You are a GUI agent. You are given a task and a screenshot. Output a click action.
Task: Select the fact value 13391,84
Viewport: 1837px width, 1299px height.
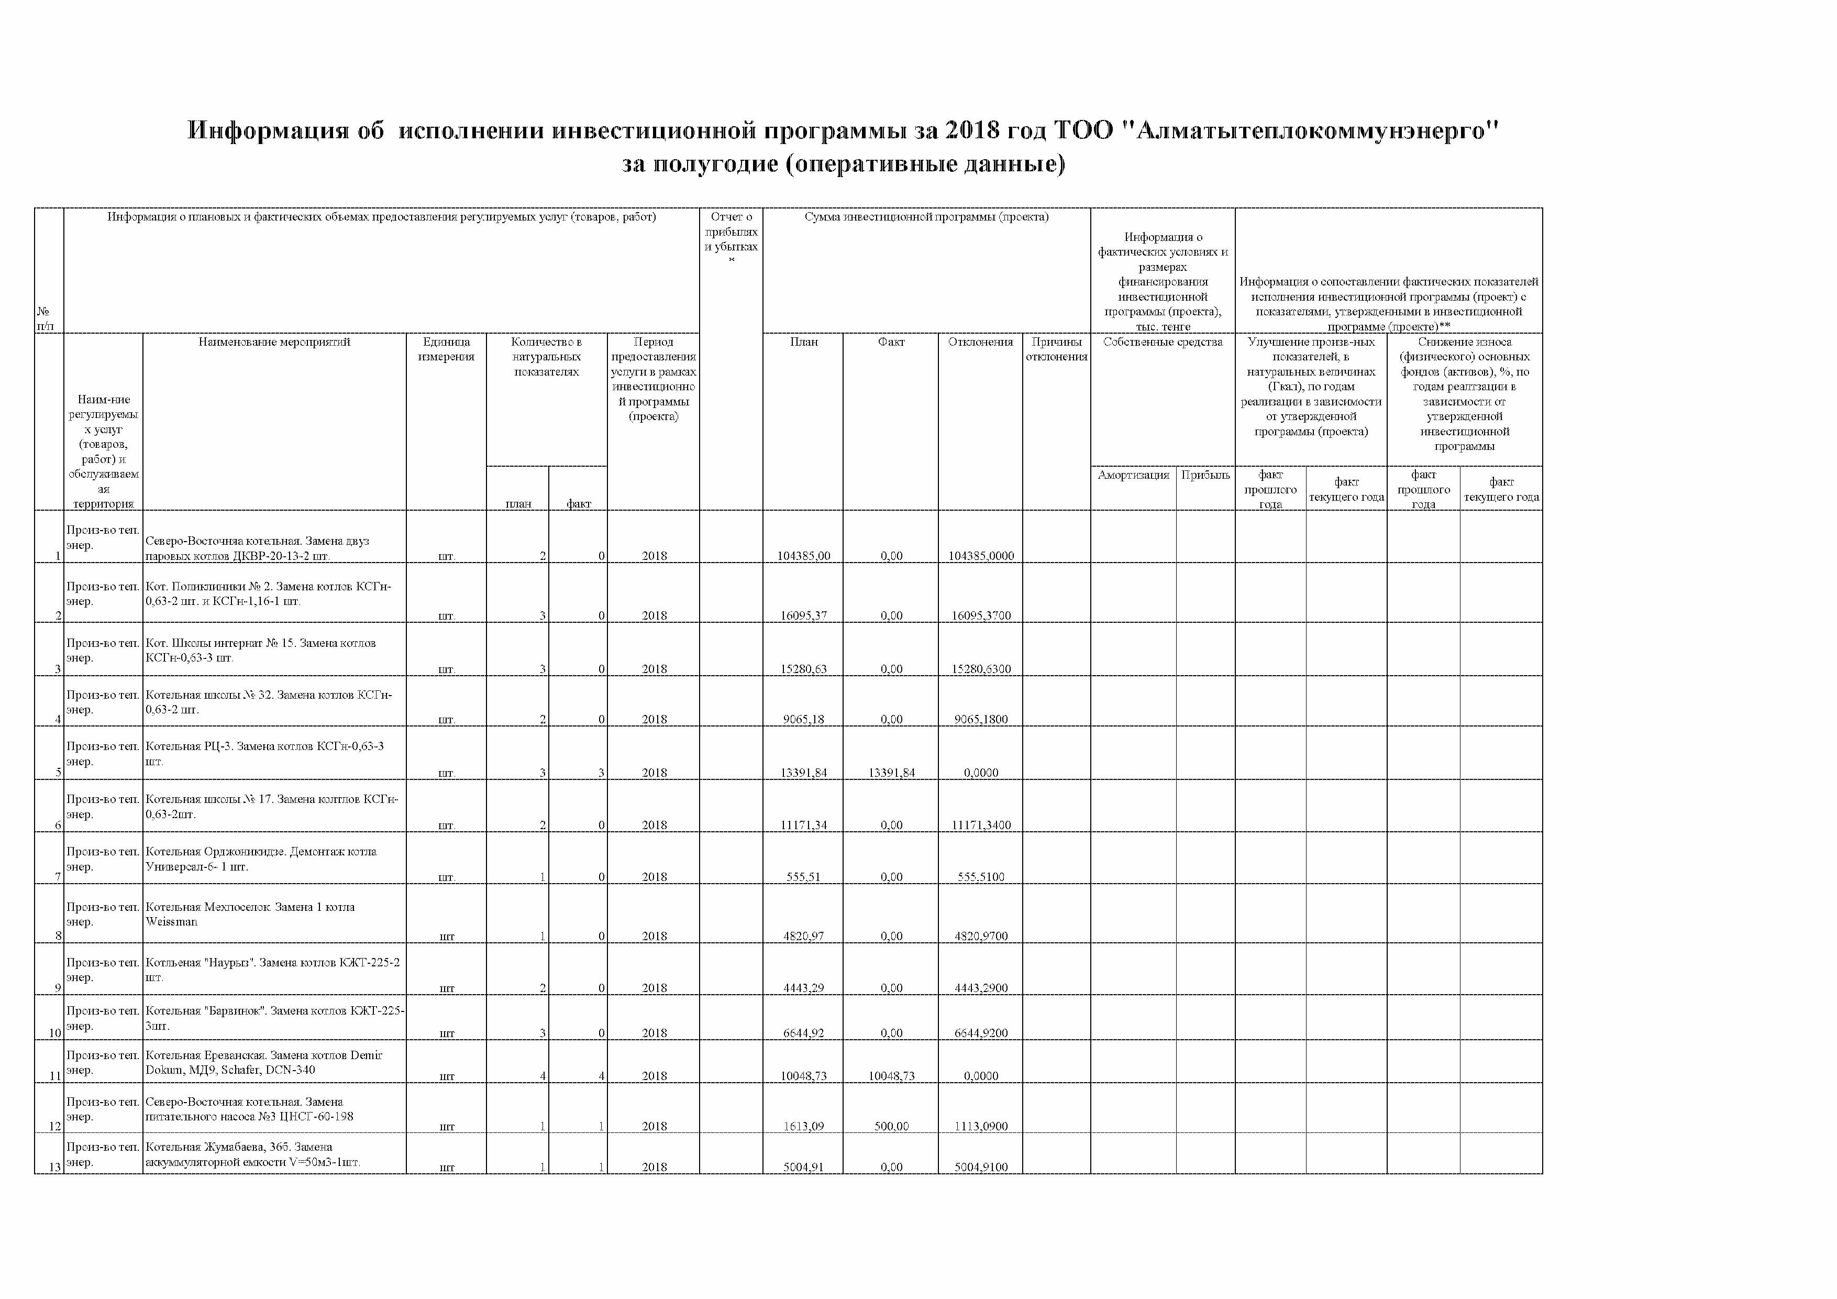(891, 773)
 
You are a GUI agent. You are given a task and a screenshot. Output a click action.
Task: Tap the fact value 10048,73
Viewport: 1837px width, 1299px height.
(891, 1076)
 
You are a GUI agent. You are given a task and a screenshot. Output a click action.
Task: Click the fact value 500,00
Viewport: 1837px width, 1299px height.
(891, 1127)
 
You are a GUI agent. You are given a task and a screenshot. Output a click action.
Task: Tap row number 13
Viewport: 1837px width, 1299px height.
(54, 1168)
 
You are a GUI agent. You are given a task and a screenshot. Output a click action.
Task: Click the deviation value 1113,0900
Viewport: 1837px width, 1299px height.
(981, 1127)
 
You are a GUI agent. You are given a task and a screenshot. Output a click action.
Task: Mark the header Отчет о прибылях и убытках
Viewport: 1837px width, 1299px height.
(731, 232)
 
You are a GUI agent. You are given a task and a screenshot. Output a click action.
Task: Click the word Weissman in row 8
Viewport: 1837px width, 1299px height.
(171, 922)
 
